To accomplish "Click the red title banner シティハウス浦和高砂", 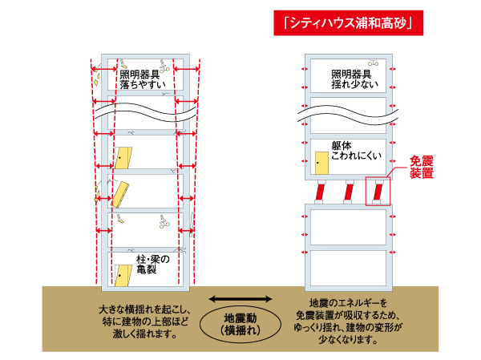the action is (348, 22).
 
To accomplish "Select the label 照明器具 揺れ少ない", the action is (348, 78).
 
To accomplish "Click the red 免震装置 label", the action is (422, 166).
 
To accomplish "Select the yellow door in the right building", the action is (321, 163).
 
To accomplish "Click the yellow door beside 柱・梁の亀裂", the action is (123, 275).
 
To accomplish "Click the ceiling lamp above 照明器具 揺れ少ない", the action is (373, 61).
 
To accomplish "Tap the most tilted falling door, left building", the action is (122, 194).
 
